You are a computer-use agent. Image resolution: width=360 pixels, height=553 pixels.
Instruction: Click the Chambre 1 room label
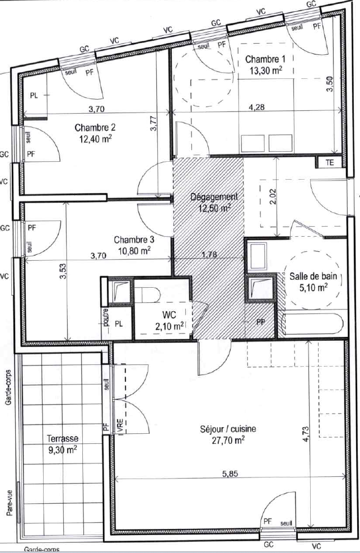tap(265, 59)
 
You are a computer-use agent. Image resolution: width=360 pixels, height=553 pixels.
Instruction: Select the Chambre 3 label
tap(134, 240)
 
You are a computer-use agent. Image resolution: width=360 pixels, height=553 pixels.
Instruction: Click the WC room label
tap(169, 314)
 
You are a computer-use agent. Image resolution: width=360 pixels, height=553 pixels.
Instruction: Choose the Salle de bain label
tap(314, 276)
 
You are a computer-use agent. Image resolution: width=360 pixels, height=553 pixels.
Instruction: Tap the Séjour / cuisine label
tap(228, 429)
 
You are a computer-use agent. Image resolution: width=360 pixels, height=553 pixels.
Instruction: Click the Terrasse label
tap(63, 438)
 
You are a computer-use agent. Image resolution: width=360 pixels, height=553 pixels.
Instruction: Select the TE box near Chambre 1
tap(330, 162)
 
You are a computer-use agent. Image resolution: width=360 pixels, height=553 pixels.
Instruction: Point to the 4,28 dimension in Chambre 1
tap(256, 107)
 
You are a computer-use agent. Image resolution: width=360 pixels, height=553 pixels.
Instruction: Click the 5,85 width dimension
tap(230, 474)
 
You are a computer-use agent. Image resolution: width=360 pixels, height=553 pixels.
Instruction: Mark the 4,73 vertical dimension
tap(306, 434)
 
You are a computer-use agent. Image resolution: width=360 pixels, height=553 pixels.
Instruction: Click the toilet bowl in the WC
tap(148, 294)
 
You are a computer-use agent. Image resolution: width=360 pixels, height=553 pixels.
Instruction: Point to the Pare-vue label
tap(10, 503)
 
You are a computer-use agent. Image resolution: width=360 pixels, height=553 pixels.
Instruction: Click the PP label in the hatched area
tap(261, 322)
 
